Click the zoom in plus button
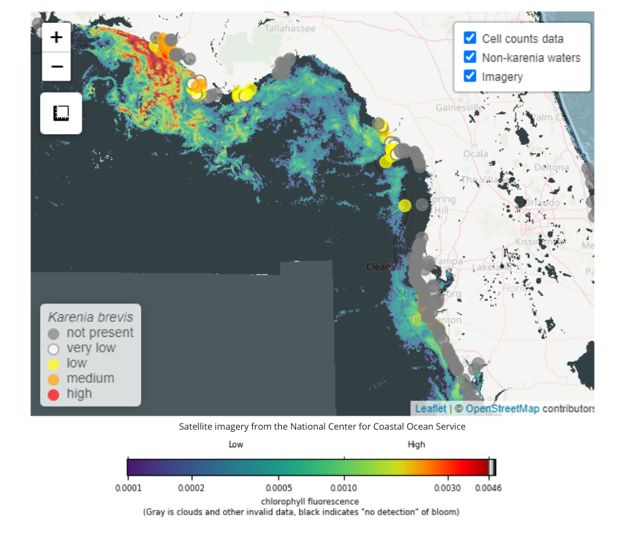(x=57, y=37)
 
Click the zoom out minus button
(x=57, y=66)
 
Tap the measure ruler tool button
(x=61, y=113)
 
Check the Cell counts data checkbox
(x=470, y=39)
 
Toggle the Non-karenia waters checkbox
(x=470, y=58)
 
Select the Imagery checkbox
(x=470, y=76)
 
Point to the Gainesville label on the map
(x=459, y=108)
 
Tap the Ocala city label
(x=476, y=154)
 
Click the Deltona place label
(x=552, y=167)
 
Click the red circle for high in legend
(x=54, y=394)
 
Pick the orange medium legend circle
(x=54, y=379)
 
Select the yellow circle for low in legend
(x=54, y=364)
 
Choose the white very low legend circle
(x=54, y=348)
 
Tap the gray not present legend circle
(x=54, y=333)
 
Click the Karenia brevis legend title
(x=90, y=316)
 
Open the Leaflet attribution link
(x=430, y=409)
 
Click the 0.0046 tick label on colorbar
(x=487, y=488)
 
